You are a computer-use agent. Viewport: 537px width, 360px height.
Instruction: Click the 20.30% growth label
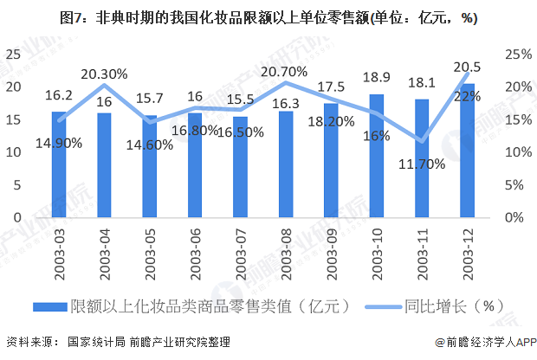coord(104,74)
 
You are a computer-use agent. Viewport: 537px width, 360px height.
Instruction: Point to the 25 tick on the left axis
coord(12,54)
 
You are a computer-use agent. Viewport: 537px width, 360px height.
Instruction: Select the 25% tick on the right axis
coord(517,54)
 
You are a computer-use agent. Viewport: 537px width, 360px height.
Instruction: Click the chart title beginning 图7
coord(268,17)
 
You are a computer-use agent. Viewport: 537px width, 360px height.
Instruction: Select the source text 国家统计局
coord(97,343)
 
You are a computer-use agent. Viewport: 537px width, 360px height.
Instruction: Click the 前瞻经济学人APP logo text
coord(481,343)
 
